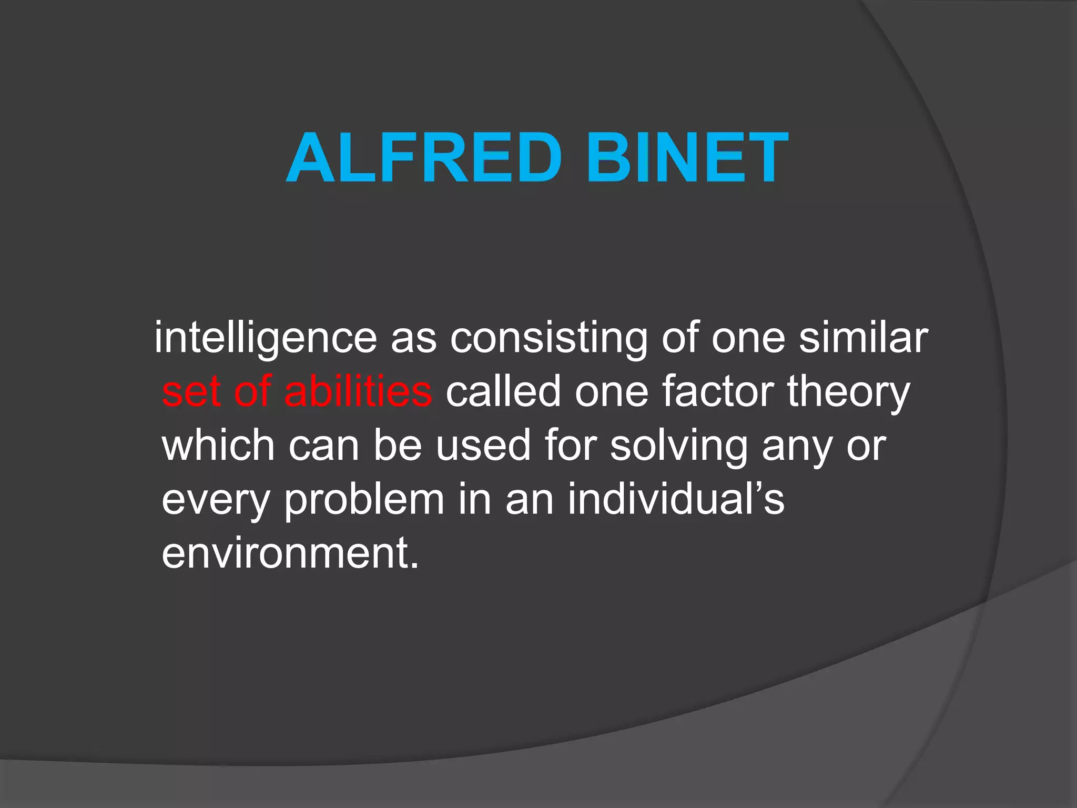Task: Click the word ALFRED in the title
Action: coord(424,158)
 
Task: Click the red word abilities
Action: coord(358,391)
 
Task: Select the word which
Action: coord(218,446)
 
